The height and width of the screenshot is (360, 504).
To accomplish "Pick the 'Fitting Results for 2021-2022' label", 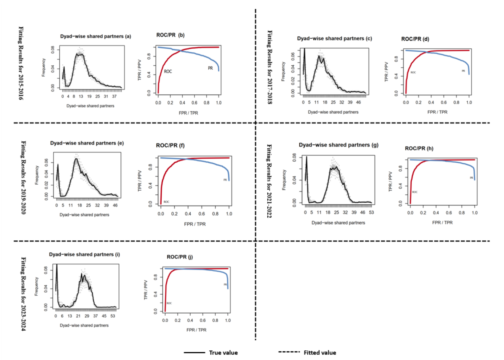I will (x=269, y=181).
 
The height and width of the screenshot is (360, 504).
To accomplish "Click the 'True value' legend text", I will (x=223, y=353).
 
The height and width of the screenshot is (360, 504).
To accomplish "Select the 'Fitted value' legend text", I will (x=320, y=353).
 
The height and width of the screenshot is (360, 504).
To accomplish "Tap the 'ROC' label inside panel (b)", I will (x=169, y=71).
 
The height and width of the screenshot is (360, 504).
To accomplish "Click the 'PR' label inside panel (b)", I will (x=210, y=68).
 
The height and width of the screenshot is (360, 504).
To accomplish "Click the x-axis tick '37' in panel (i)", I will (x=96, y=316).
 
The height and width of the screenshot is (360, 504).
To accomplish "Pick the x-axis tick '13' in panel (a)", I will (x=81, y=97).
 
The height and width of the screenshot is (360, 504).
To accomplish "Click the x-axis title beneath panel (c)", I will (x=333, y=112).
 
